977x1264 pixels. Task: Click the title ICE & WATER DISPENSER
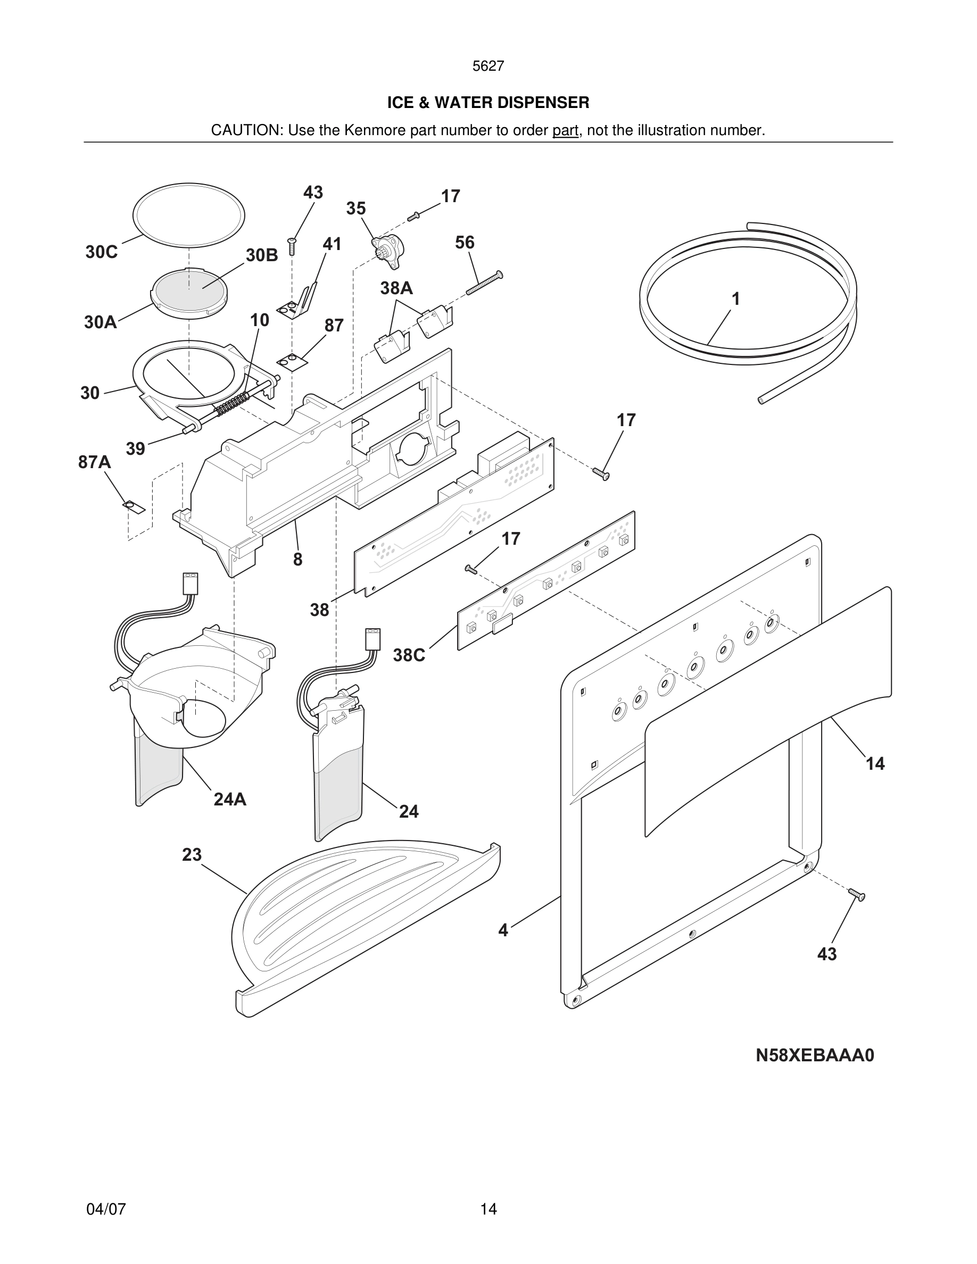click(x=488, y=103)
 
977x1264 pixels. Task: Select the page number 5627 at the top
click(x=488, y=66)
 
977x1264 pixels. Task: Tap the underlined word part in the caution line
click(x=565, y=130)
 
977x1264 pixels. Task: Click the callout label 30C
click(x=101, y=252)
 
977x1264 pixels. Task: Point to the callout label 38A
click(x=396, y=288)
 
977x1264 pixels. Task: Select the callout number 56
click(x=465, y=243)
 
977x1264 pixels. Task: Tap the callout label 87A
click(x=94, y=462)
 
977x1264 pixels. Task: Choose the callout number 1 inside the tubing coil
click(x=735, y=299)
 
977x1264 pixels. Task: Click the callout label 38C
click(x=409, y=655)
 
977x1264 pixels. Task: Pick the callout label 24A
click(x=230, y=799)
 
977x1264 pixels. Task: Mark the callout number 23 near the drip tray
click(x=192, y=855)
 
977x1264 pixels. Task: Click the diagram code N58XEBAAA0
click(x=815, y=1055)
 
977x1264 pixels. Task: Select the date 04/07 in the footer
click(x=106, y=1209)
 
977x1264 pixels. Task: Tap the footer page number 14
click(x=488, y=1209)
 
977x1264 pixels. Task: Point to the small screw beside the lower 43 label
click(x=857, y=895)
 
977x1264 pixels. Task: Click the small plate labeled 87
click(x=292, y=362)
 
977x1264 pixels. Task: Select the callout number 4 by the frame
click(x=503, y=930)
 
